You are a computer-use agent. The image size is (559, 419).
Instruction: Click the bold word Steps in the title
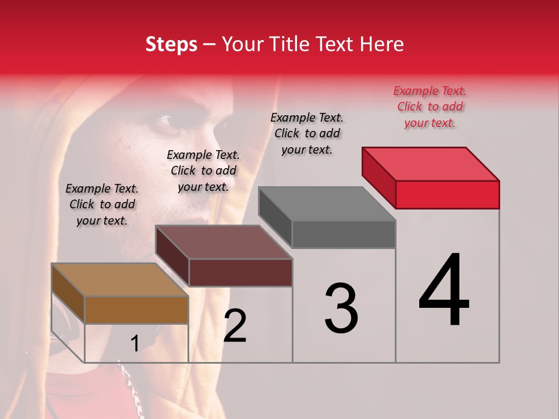pyautogui.click(x=171, y=44)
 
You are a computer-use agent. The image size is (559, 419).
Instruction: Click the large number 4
pyautogui.click(x=444, y=291)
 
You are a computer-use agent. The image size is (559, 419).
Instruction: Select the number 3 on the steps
pyautogui.click(x=341, y=308)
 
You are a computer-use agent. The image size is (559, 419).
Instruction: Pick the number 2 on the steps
pyautogui.click(x=235, y=326)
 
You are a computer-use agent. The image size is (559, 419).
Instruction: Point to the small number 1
pyautogui.click(x=135, y=344)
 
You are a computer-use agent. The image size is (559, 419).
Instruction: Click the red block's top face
pyautogui.click(x=431, y=164)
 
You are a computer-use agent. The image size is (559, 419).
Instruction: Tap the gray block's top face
pyautogui.click(x=327, y=204)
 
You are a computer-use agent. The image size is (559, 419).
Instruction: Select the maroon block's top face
pyautogui.click(x=224, y=242)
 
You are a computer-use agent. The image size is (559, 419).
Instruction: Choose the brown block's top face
pyautogui.click(x=120, y=280)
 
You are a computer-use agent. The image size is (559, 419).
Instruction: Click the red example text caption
pyautogui.click(x=430, y=106)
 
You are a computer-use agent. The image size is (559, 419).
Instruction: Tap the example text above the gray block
pyautogui.click(x=307, y=133)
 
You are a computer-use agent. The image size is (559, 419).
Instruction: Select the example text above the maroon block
pyautogui.click(x=203, y=171)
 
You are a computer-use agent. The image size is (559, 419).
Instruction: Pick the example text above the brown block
pyautogui.click(x=102, y=204)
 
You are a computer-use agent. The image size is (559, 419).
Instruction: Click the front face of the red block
pyautogui.click(x=447, y=194)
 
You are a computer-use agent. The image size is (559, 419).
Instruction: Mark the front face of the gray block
pyautogui.click(x=344, y=235)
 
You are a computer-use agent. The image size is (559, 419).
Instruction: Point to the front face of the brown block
pyautogui.click(x=137, y=310)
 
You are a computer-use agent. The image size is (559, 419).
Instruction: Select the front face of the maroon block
pyautogui.click(x=240, y=272)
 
